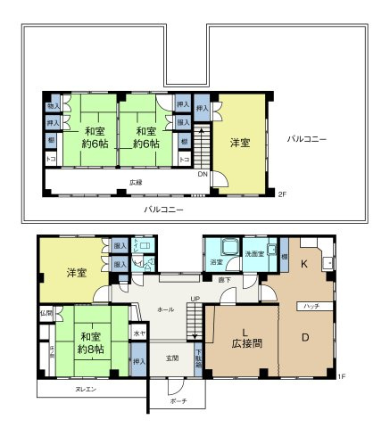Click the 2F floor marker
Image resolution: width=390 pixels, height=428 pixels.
coord(282,193)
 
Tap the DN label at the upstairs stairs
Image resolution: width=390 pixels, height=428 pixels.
coord(203,174)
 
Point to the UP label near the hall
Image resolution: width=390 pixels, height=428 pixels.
coord(195,299)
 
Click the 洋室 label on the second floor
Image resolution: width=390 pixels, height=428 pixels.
coord(239,143)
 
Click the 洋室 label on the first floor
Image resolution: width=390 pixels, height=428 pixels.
coord(75,272)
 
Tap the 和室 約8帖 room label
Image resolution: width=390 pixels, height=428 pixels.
coord(90,343)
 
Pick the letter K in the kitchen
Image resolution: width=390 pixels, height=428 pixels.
coord(303,264)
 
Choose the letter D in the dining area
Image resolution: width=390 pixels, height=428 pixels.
coord(303,337)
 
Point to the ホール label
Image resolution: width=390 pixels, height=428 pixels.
coord(165,309)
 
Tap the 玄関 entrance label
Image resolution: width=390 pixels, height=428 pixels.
coord(171,358)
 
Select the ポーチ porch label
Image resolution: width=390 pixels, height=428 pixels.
coord(178,401)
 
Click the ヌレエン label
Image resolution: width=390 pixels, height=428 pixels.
coord(86,389)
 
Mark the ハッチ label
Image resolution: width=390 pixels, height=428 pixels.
coord(311,306)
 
